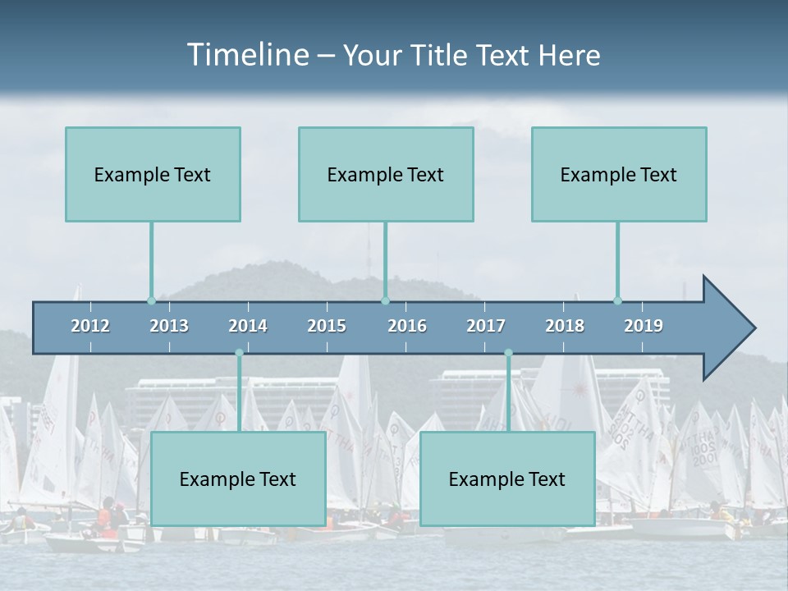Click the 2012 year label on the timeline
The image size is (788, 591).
click(90, 326)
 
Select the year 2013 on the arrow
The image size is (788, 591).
click(169, 326)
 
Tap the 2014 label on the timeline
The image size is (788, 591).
click(248, 326)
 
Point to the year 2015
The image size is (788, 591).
click(327, 326)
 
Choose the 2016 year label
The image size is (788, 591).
click(407, 326)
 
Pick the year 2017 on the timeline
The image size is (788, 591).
click(486, 326)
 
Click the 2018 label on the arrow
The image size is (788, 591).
click(565, 326)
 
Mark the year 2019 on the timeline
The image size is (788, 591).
click(644, 326)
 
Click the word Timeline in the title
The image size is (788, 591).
click(247, 55)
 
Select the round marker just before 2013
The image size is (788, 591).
click(151, 300)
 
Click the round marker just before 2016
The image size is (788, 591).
click(385, 300)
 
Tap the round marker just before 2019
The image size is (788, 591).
click(617, 300)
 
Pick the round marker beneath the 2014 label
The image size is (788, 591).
click(239, 353)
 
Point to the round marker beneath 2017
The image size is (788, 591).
click(508, 353)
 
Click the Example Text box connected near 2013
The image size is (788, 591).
click(153, 174)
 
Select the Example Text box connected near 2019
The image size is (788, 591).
click(619, 174)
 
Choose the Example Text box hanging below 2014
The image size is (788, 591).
click(238, 479)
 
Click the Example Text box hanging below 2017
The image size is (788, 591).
click(507, 479)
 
